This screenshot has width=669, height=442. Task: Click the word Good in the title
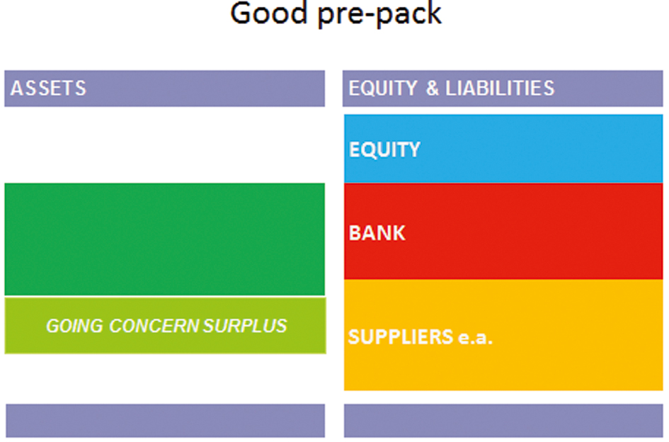(269, 13)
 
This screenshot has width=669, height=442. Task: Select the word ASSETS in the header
(48, 89)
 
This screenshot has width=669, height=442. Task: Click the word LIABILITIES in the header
(500, 89)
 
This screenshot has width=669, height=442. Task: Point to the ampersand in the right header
(433, 89)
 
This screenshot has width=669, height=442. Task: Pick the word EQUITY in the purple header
(383, 89)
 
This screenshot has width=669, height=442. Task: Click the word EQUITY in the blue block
(384, 149)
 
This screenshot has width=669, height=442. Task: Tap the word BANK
(377, 233)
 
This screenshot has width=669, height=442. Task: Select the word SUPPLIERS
(400, 337)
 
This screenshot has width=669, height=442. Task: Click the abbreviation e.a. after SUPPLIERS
(475, 338)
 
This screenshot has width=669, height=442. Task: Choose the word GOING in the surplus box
(74, 326)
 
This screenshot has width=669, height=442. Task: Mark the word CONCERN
(154, 326)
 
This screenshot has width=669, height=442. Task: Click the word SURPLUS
(245, 326)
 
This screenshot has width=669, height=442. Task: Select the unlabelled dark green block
(165, 239)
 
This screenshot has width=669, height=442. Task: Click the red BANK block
(503, 231)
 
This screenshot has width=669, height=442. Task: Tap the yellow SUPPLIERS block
(503, 335)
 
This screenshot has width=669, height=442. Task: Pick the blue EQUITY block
(503, 149)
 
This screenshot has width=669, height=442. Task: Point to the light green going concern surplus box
(165, 325)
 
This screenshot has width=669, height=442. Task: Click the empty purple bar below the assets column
(165, 421)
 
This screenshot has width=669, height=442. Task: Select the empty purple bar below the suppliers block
(503, 421)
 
